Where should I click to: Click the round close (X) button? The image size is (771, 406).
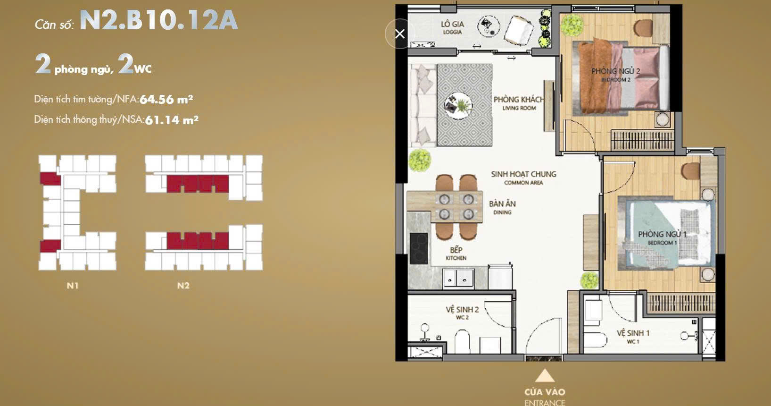pos(400,34)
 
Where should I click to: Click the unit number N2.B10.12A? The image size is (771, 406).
pos(158,20)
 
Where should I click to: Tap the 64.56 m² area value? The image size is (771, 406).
pos(166,99)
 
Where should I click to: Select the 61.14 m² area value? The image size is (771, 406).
pos(172,120)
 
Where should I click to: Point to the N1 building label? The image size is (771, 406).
pos(73,285)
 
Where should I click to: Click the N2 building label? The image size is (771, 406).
pos(183,285)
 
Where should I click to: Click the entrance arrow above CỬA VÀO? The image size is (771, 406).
pos(545,376)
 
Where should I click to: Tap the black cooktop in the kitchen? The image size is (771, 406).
pos(418,248)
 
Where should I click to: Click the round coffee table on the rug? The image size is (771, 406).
pos(458,103)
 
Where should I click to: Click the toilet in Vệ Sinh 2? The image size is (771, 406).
pos(463,341)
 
